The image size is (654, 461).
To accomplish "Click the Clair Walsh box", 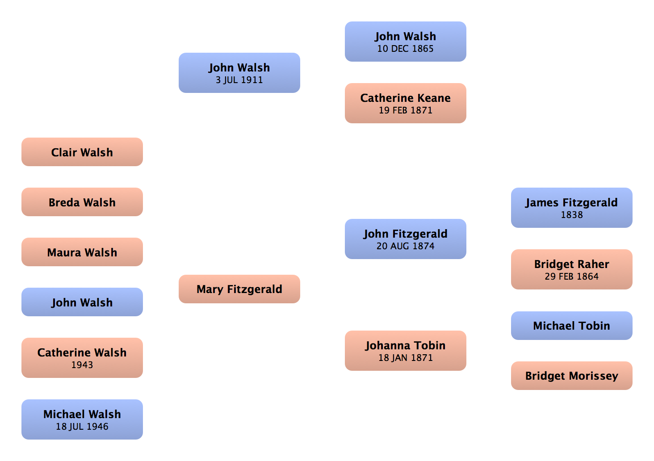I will coord(82,152).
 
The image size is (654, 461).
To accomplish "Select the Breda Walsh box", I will coord(82,202).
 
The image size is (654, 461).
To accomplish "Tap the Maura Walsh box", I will coord(82,252).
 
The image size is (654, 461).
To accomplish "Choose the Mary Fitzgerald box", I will coord(239,289).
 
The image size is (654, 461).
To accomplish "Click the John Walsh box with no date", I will coord(82,302).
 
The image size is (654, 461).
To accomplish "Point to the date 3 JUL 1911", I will coord(239,80).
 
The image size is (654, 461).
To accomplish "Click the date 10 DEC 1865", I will coord(405,49).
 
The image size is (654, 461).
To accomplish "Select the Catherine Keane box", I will coord(405,103).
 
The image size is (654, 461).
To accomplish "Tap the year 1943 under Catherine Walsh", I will coord(82,365).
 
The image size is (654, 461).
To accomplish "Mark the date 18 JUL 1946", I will coord(82,427).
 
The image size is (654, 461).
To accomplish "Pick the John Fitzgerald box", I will coord(405,239).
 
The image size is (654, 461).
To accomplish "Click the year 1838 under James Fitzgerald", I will coord(572,215).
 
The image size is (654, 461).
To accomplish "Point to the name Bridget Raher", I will coord(572,264).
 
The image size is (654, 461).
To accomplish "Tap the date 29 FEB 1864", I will coord(572,277).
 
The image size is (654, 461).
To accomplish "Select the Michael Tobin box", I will coord(572,326).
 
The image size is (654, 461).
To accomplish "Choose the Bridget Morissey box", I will coord(572,376).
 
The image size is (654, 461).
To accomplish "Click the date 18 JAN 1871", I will coord(405,358).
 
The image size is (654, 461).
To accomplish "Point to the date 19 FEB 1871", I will coord(405,110).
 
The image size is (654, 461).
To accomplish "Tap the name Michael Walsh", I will coord(82,414).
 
